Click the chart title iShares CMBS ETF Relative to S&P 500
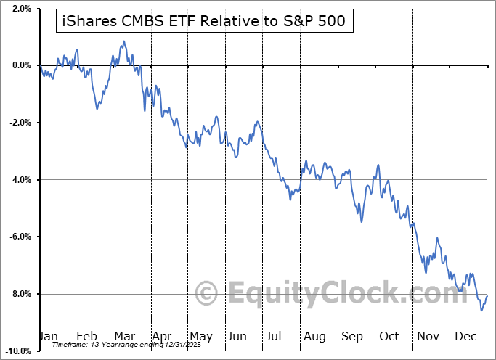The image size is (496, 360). tap(204, 22)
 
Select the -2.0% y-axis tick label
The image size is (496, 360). tap(20, 123)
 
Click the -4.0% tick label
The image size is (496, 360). tap(20, 179)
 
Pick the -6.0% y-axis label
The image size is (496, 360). tap(20, 237)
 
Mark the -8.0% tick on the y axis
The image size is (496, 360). tap(20, 294)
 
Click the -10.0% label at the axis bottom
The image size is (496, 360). tap(17, 351)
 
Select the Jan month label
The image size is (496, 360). tap(48, 336)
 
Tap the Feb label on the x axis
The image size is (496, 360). tap(87, 336)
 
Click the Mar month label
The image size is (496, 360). tap(125, 336)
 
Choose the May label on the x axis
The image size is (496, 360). tap(200, 336)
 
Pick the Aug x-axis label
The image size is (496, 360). tap(315, 336)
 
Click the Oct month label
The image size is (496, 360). tap(390, 336)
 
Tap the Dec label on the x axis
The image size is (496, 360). tap(465, 336)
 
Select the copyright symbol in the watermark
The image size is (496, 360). tap(207, 295)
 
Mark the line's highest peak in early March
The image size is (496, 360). tap(124, 41)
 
